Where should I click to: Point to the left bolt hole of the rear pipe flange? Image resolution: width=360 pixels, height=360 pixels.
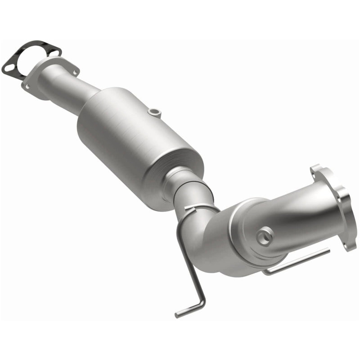(x=28, y=85)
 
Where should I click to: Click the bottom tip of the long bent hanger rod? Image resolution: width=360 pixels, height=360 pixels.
(x=178, y=314)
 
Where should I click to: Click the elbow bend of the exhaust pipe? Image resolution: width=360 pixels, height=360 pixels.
(x=205, y=234)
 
